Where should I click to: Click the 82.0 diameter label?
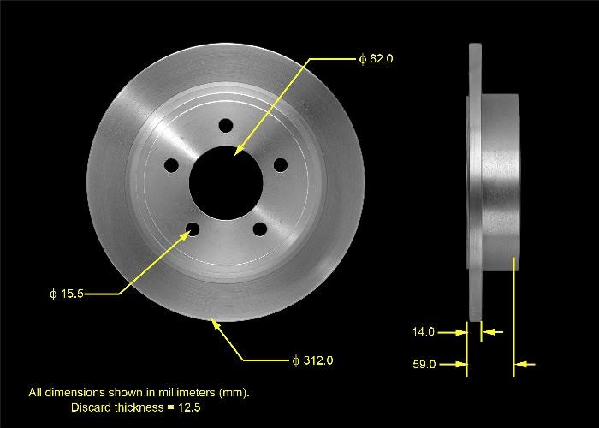click(x=377, y=59)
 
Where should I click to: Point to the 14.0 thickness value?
click(x=424, y=331)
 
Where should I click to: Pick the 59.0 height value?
click(x=424, y=364)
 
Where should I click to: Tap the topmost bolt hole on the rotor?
click(x=225, y=127)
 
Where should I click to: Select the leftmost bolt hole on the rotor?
click(x=171, y=164)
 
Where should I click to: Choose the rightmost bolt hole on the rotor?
click(x=279, y=165)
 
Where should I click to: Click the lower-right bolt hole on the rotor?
click(x=258, y=229)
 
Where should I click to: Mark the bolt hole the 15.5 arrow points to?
click(x=193, y=229)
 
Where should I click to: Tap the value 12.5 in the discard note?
click(x=190, y=407)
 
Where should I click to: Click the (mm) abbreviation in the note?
click(x=233, y=393)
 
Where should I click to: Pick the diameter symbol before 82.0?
click(x=362, y=59)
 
